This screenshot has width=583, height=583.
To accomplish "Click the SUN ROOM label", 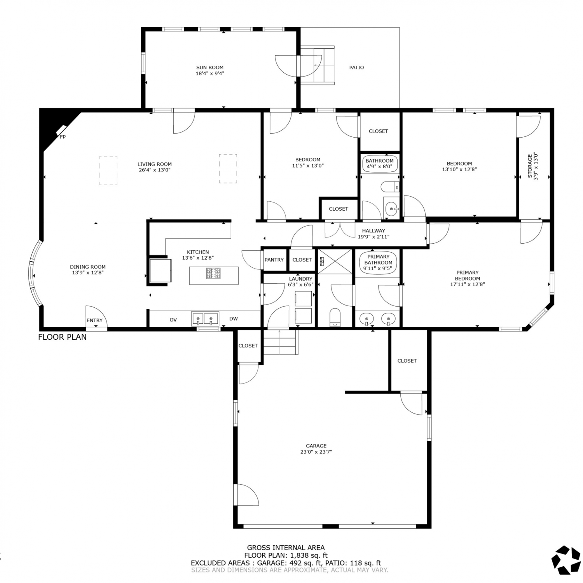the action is click(x=210, y=67).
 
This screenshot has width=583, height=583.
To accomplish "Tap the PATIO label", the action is click(x=356, y=67).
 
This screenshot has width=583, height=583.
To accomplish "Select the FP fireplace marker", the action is click(x=63, y=137).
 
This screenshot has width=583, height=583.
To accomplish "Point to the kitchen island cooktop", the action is click(x=213, y=273).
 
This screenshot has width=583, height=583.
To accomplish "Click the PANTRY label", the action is click(x=274, y=260).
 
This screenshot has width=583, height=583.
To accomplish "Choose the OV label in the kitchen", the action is click(x=173, y=320).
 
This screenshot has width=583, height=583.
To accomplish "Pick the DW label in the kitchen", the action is click(x=234, y=319).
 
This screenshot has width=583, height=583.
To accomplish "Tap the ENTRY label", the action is click(x=94, y=320).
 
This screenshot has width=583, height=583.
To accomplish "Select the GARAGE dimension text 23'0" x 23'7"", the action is click(x=316, y=452).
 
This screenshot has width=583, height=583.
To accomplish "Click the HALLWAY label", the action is click(x=374, y=230).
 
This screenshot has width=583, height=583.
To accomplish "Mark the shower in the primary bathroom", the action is click(x=335, y=262).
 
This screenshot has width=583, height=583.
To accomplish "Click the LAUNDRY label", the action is click(x=301, y=279).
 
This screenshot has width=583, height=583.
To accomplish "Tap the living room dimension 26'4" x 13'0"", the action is click(x=155, y=170).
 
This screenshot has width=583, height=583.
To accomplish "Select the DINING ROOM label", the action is click(x=88, y=267).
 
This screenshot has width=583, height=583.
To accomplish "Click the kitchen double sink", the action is click(x=205, y=319).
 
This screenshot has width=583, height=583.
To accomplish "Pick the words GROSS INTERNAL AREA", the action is click(x=286, y=548).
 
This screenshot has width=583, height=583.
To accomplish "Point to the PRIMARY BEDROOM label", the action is click(x=468, y=275).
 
